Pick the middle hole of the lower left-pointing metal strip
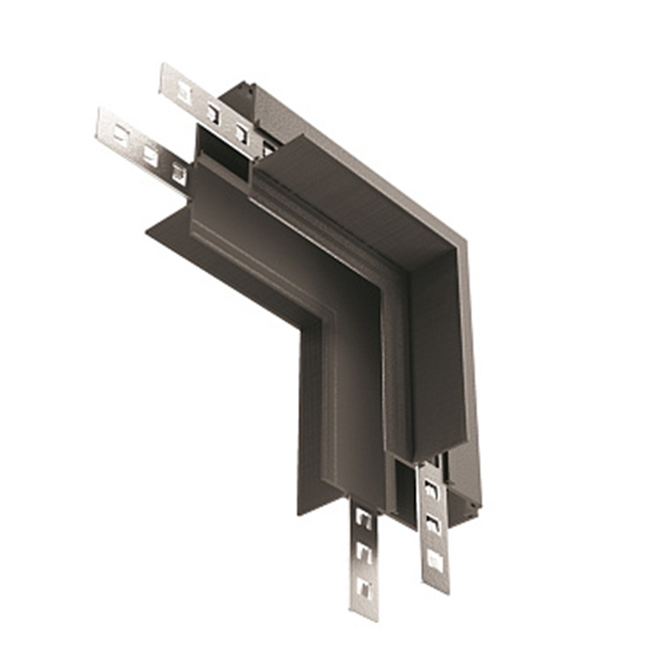pyautogui.click(x=150, y=156)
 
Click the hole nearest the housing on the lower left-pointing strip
pyautogui.click(x=179, y=175)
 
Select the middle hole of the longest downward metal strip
pyautogui.click(x=364, y=552)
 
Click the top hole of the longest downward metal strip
pyautogui.click(x=364, y=518)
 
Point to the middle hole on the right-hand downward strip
pyautogui.click(x=433, y=524)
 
